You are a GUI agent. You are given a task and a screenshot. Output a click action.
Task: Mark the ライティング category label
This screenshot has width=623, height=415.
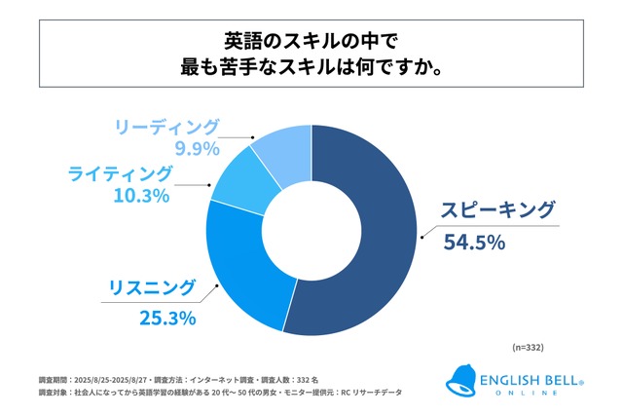(x=121, y=173)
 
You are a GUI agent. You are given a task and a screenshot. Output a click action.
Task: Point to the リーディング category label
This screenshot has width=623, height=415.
(x=166, y=127)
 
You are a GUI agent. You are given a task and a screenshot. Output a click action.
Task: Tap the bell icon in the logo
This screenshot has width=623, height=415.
(x=459, y=381)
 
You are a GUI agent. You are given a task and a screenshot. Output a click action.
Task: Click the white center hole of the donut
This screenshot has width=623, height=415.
(x=311, y=221)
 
